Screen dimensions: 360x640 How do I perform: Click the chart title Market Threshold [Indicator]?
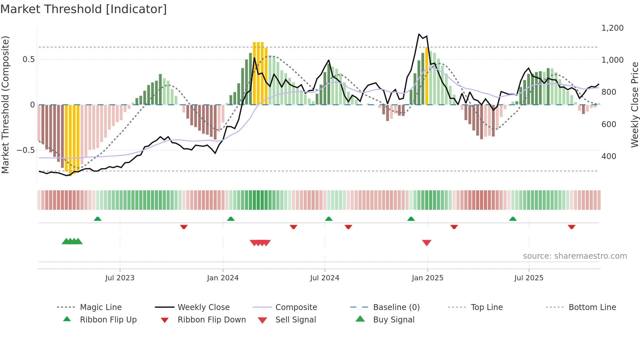point(84,9)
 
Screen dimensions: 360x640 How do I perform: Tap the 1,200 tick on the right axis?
point(612,28)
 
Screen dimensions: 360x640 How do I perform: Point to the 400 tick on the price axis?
point(609,156)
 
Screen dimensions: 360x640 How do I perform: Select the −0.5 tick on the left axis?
point(25,150)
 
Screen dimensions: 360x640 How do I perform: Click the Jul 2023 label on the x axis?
point(120,278)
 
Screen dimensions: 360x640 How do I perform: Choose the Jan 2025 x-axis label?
point(427,278)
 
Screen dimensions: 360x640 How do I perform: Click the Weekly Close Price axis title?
point(634,105)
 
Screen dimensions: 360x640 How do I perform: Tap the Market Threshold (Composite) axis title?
point(5,105)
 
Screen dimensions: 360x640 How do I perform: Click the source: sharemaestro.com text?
point(575,256)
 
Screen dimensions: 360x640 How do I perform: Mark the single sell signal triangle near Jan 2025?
point(427,242)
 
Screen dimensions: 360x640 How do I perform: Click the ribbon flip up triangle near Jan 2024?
point(231,219)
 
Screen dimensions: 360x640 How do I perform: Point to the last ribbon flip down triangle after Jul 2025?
point(571,227)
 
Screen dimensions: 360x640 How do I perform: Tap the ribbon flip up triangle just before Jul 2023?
point(98,219)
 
